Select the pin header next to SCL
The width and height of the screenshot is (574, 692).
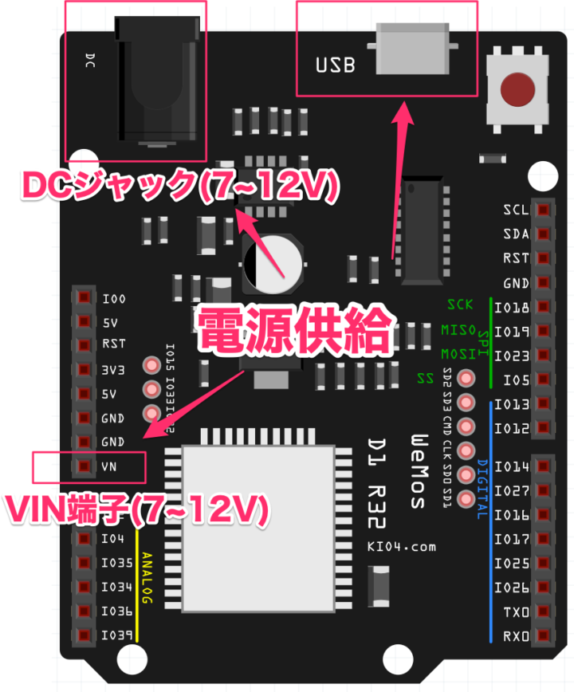(545, 210)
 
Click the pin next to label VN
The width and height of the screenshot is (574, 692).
(83, 466)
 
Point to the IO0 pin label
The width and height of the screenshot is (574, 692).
(114, 299)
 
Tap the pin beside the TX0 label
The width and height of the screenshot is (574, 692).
(545, 611)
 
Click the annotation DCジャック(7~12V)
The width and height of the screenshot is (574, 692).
(180, 186)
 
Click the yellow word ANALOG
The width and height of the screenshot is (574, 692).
(147, 586)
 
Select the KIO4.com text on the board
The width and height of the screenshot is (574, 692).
(402, 546)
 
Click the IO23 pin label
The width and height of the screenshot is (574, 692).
(512, 356)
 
